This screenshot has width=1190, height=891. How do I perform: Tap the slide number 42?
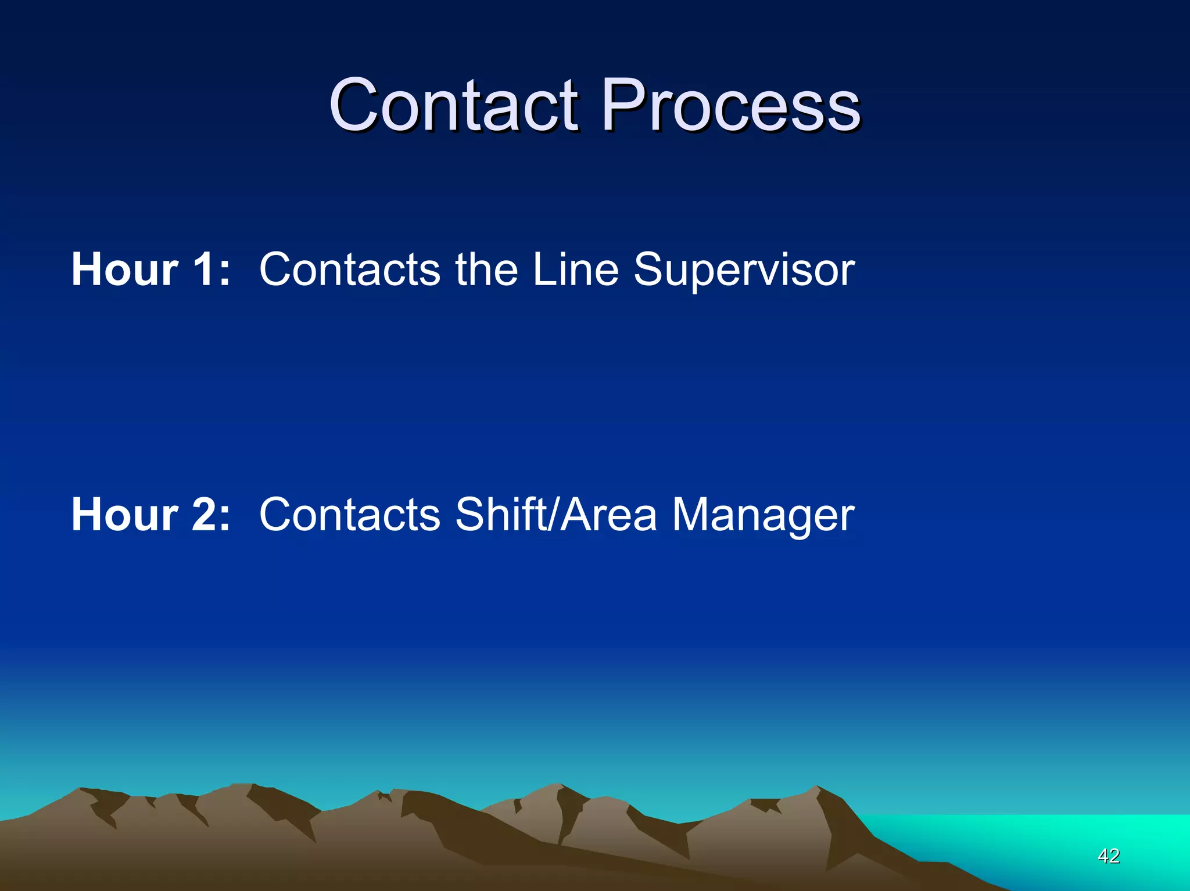click(x=1109, y=856)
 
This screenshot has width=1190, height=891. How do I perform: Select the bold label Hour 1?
click(x=150, y=270)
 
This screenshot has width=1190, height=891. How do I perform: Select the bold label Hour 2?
click(x=150, y=515)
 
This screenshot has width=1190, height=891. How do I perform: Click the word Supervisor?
click(x=744, y=270)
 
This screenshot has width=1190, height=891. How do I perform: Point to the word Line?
click(x=575, y=270)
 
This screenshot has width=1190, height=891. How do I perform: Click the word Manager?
click(x=763, y=515)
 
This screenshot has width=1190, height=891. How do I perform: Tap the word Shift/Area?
click(x=556, y=515)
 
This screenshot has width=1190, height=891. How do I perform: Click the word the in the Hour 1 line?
click(x=486, y=270)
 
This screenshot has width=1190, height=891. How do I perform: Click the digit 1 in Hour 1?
click(x=203, y=270)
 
